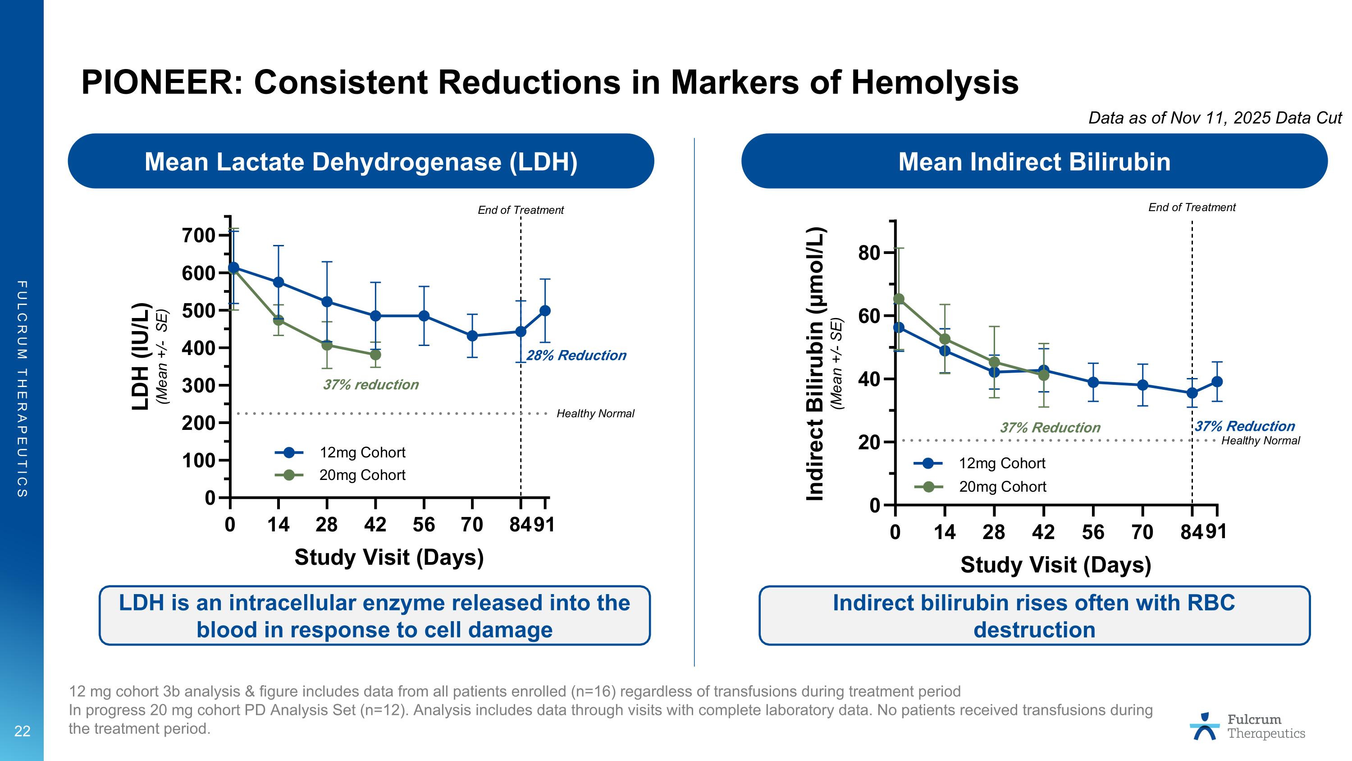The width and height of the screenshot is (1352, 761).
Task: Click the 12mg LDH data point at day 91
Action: (545, 310)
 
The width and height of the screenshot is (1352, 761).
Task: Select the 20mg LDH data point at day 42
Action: (375, 355)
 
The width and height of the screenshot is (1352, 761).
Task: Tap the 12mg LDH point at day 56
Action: (424, 316)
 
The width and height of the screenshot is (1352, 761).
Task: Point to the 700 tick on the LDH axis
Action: (199, 235)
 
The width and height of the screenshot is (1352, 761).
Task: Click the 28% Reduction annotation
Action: (576, 355)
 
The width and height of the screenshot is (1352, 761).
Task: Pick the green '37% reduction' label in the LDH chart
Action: (370, 385)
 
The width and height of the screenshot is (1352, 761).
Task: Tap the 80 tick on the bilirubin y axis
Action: (869, 253)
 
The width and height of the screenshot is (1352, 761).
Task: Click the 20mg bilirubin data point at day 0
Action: (899, 299)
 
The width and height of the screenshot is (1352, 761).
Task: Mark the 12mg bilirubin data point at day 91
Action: (1217, 382)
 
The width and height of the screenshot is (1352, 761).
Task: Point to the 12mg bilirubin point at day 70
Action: (1142, 385)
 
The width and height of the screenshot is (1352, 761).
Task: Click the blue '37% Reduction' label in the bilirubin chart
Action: (1245, 426)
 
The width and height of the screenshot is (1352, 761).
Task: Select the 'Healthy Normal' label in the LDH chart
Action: (595, 414)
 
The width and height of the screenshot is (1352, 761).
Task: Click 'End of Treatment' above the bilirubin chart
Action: (1192, 208)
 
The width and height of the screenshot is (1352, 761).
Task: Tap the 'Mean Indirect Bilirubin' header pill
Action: (1034, 161)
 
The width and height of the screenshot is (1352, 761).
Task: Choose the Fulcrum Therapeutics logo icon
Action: (1205, 726)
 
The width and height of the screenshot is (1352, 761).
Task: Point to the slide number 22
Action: (22, 731)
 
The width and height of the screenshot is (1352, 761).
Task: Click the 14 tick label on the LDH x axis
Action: (278, 525)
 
